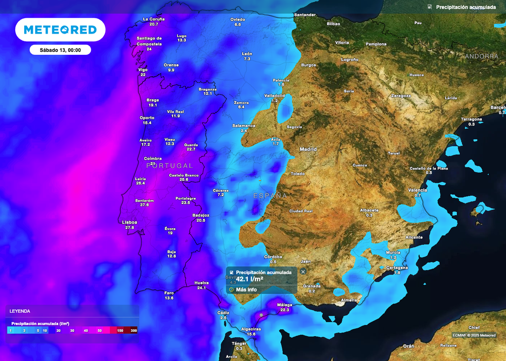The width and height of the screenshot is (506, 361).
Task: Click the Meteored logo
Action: [60, 30]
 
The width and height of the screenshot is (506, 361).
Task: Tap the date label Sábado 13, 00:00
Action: [60, 50]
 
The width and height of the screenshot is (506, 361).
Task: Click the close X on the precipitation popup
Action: [303, 271]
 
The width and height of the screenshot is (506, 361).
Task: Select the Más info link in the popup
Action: [246, 289]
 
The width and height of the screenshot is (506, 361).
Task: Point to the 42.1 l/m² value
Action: [250, 279]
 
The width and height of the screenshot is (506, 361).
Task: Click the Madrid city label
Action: [308, 149]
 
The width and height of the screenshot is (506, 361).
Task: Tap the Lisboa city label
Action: [129, 222]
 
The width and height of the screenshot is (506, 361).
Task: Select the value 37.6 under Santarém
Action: [145, 205]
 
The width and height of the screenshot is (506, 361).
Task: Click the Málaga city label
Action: [285, 305]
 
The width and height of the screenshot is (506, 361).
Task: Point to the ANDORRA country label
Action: [481, 56]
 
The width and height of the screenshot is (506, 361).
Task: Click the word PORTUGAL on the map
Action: [169, 165]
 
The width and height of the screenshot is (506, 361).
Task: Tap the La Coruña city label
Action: [154, 19]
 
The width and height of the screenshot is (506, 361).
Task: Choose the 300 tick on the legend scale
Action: [133, 330]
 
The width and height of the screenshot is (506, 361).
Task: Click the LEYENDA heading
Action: [20, 311]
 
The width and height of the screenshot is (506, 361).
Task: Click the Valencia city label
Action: [418, 190]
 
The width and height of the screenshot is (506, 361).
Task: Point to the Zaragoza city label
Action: [401, 96]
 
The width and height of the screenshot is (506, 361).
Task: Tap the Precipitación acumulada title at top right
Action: [465, 7]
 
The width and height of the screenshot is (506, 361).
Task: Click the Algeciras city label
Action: [252, 329]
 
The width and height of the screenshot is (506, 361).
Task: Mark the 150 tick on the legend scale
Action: [120, 330]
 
